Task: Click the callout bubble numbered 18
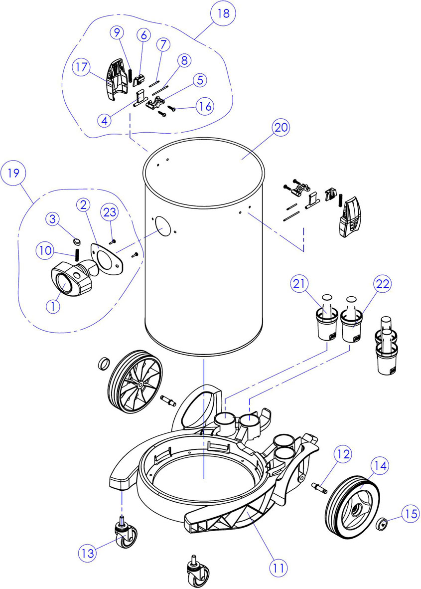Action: [223, 13]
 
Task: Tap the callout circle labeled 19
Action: [13, 174]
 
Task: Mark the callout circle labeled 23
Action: [110, 212]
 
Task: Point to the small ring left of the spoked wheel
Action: [103, 363]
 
